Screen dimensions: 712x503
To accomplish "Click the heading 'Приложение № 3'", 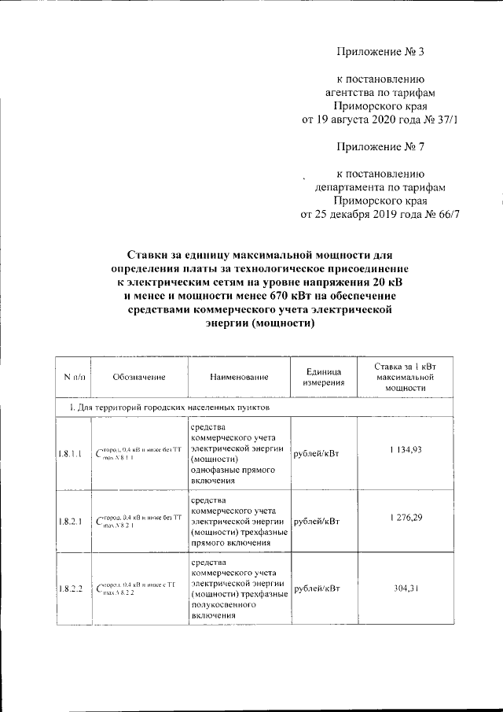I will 380,53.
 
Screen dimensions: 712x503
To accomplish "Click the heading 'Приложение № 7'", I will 380,146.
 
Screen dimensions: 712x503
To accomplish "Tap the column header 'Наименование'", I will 239,378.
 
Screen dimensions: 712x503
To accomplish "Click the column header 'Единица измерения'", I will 323,377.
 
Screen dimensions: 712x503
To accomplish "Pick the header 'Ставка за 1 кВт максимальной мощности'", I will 406,377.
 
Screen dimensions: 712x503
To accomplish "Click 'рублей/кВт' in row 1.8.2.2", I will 316,590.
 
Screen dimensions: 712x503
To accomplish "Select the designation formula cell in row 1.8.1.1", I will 138,453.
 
